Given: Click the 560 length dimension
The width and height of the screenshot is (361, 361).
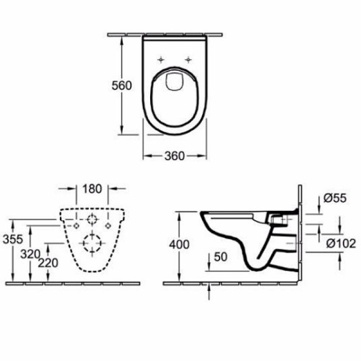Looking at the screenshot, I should [122, 86].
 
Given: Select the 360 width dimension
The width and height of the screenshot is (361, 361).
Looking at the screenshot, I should [174, 156].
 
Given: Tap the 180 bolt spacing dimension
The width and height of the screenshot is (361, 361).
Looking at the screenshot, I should [92, 188].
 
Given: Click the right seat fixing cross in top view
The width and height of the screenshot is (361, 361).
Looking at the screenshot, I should [188, 58].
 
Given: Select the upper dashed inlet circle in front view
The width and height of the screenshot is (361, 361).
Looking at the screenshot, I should [92, 219].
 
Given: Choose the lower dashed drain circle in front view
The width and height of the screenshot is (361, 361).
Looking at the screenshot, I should [92, 242].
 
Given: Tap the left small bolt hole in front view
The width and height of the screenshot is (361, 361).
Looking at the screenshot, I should [76, 226].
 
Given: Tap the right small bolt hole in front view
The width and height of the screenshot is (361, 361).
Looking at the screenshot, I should [108, 226].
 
